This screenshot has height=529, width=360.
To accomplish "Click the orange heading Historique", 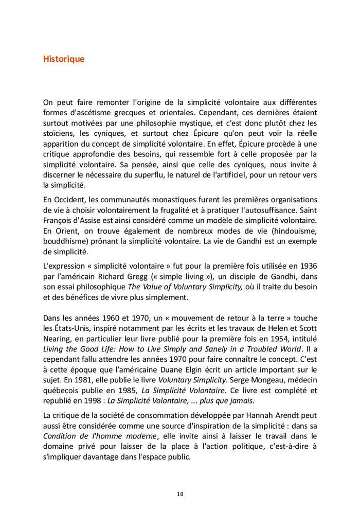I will pos(64,59).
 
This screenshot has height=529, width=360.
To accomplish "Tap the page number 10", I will pos(180,495).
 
